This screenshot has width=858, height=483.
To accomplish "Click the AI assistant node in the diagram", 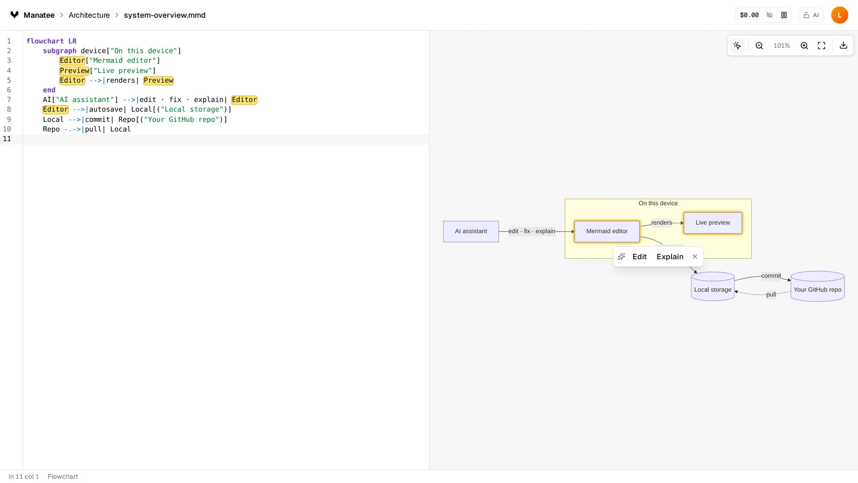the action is [x=471, y=231].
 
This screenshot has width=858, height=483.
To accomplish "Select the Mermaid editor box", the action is [x=606, y=231].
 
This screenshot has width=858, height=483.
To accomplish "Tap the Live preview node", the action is [x=713, y=223].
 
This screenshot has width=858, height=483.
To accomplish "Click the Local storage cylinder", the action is [x=713, y=287].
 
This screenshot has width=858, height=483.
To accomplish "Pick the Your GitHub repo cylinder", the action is [x=817, y=287].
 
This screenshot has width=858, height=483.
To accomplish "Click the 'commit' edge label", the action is [x=771, y=276].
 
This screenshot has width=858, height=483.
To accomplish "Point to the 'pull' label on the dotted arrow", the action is [x=771, y=295].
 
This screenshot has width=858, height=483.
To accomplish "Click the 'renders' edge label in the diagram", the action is [x=662, y=223].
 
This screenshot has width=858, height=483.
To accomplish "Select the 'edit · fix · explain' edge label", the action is [x=531, y=231].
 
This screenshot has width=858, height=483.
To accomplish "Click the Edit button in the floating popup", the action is [x=639, y=257].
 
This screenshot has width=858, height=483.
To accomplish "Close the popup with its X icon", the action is [x=695, y=257].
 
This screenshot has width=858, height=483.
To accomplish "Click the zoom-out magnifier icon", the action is [x=759, y=46].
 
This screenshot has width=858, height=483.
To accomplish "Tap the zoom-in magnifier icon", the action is [x=804, y=46].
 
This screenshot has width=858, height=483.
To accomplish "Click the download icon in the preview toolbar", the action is [x=844, y=46].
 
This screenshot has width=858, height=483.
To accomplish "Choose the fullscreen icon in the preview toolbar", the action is [x=822, y=46].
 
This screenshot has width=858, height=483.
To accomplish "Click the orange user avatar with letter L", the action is [x=840, y=16].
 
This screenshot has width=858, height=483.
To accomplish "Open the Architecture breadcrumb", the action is [x=89, y=16].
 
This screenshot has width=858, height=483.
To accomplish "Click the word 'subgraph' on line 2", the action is [x=60, y=51].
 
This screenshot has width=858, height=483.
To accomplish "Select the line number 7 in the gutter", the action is [x=9, y=100].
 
